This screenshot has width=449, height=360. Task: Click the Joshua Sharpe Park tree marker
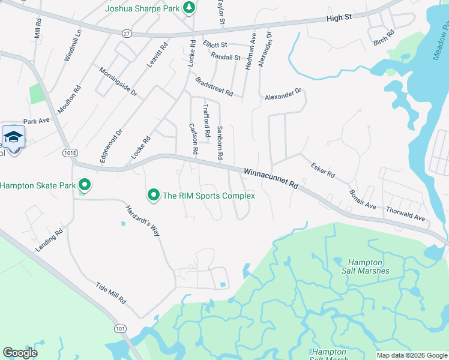pos(189,8)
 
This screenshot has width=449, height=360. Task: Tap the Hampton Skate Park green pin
pos(85,185)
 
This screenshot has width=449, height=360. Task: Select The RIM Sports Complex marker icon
pos(154,195)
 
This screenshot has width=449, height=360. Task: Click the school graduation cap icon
pos(13,137)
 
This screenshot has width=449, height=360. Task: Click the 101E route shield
pos(70,153)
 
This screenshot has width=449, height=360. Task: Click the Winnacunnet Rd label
pos(271,178)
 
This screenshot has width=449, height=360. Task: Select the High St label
pos(339,19)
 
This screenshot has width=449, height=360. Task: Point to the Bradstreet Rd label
pos(213,86)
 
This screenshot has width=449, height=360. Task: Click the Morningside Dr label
pos(118,82)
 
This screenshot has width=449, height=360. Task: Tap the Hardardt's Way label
pos(142,221)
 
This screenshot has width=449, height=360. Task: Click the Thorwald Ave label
pos(405,214)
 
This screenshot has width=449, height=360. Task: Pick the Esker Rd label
pos(322,170)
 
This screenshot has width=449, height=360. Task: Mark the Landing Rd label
pos(50,241)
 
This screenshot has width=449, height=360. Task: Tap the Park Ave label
pos(36,121)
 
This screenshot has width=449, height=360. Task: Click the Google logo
pos(20,353)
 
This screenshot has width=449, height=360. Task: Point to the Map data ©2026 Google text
pos(411,355)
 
